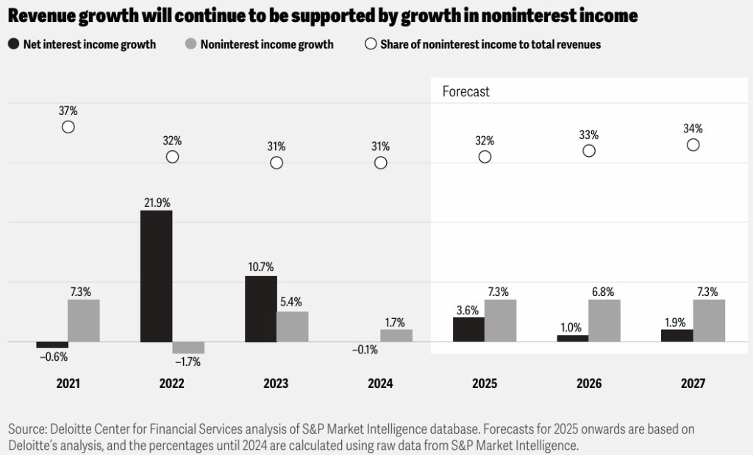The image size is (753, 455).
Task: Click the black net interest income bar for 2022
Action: [156, 276]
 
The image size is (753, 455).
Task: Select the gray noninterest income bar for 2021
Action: [83, 320]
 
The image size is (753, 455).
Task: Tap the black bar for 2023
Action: [260, 309]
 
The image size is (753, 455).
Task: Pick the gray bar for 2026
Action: [604, 321]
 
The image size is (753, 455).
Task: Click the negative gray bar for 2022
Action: [188, 348]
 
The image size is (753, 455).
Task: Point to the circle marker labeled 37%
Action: [68, 127]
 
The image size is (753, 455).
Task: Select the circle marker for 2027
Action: [693, 144]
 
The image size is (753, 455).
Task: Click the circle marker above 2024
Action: [380, 163]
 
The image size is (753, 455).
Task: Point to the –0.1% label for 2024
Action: [365, 350]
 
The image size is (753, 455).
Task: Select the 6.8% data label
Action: [604, 291]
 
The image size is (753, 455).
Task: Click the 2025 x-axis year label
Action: [485, 384]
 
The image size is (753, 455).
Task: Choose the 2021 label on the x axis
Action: [68, 384]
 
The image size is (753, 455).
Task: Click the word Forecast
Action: [465, 92]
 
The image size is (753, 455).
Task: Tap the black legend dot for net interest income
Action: [13, 44]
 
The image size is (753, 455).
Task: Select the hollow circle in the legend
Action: [371, 44]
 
